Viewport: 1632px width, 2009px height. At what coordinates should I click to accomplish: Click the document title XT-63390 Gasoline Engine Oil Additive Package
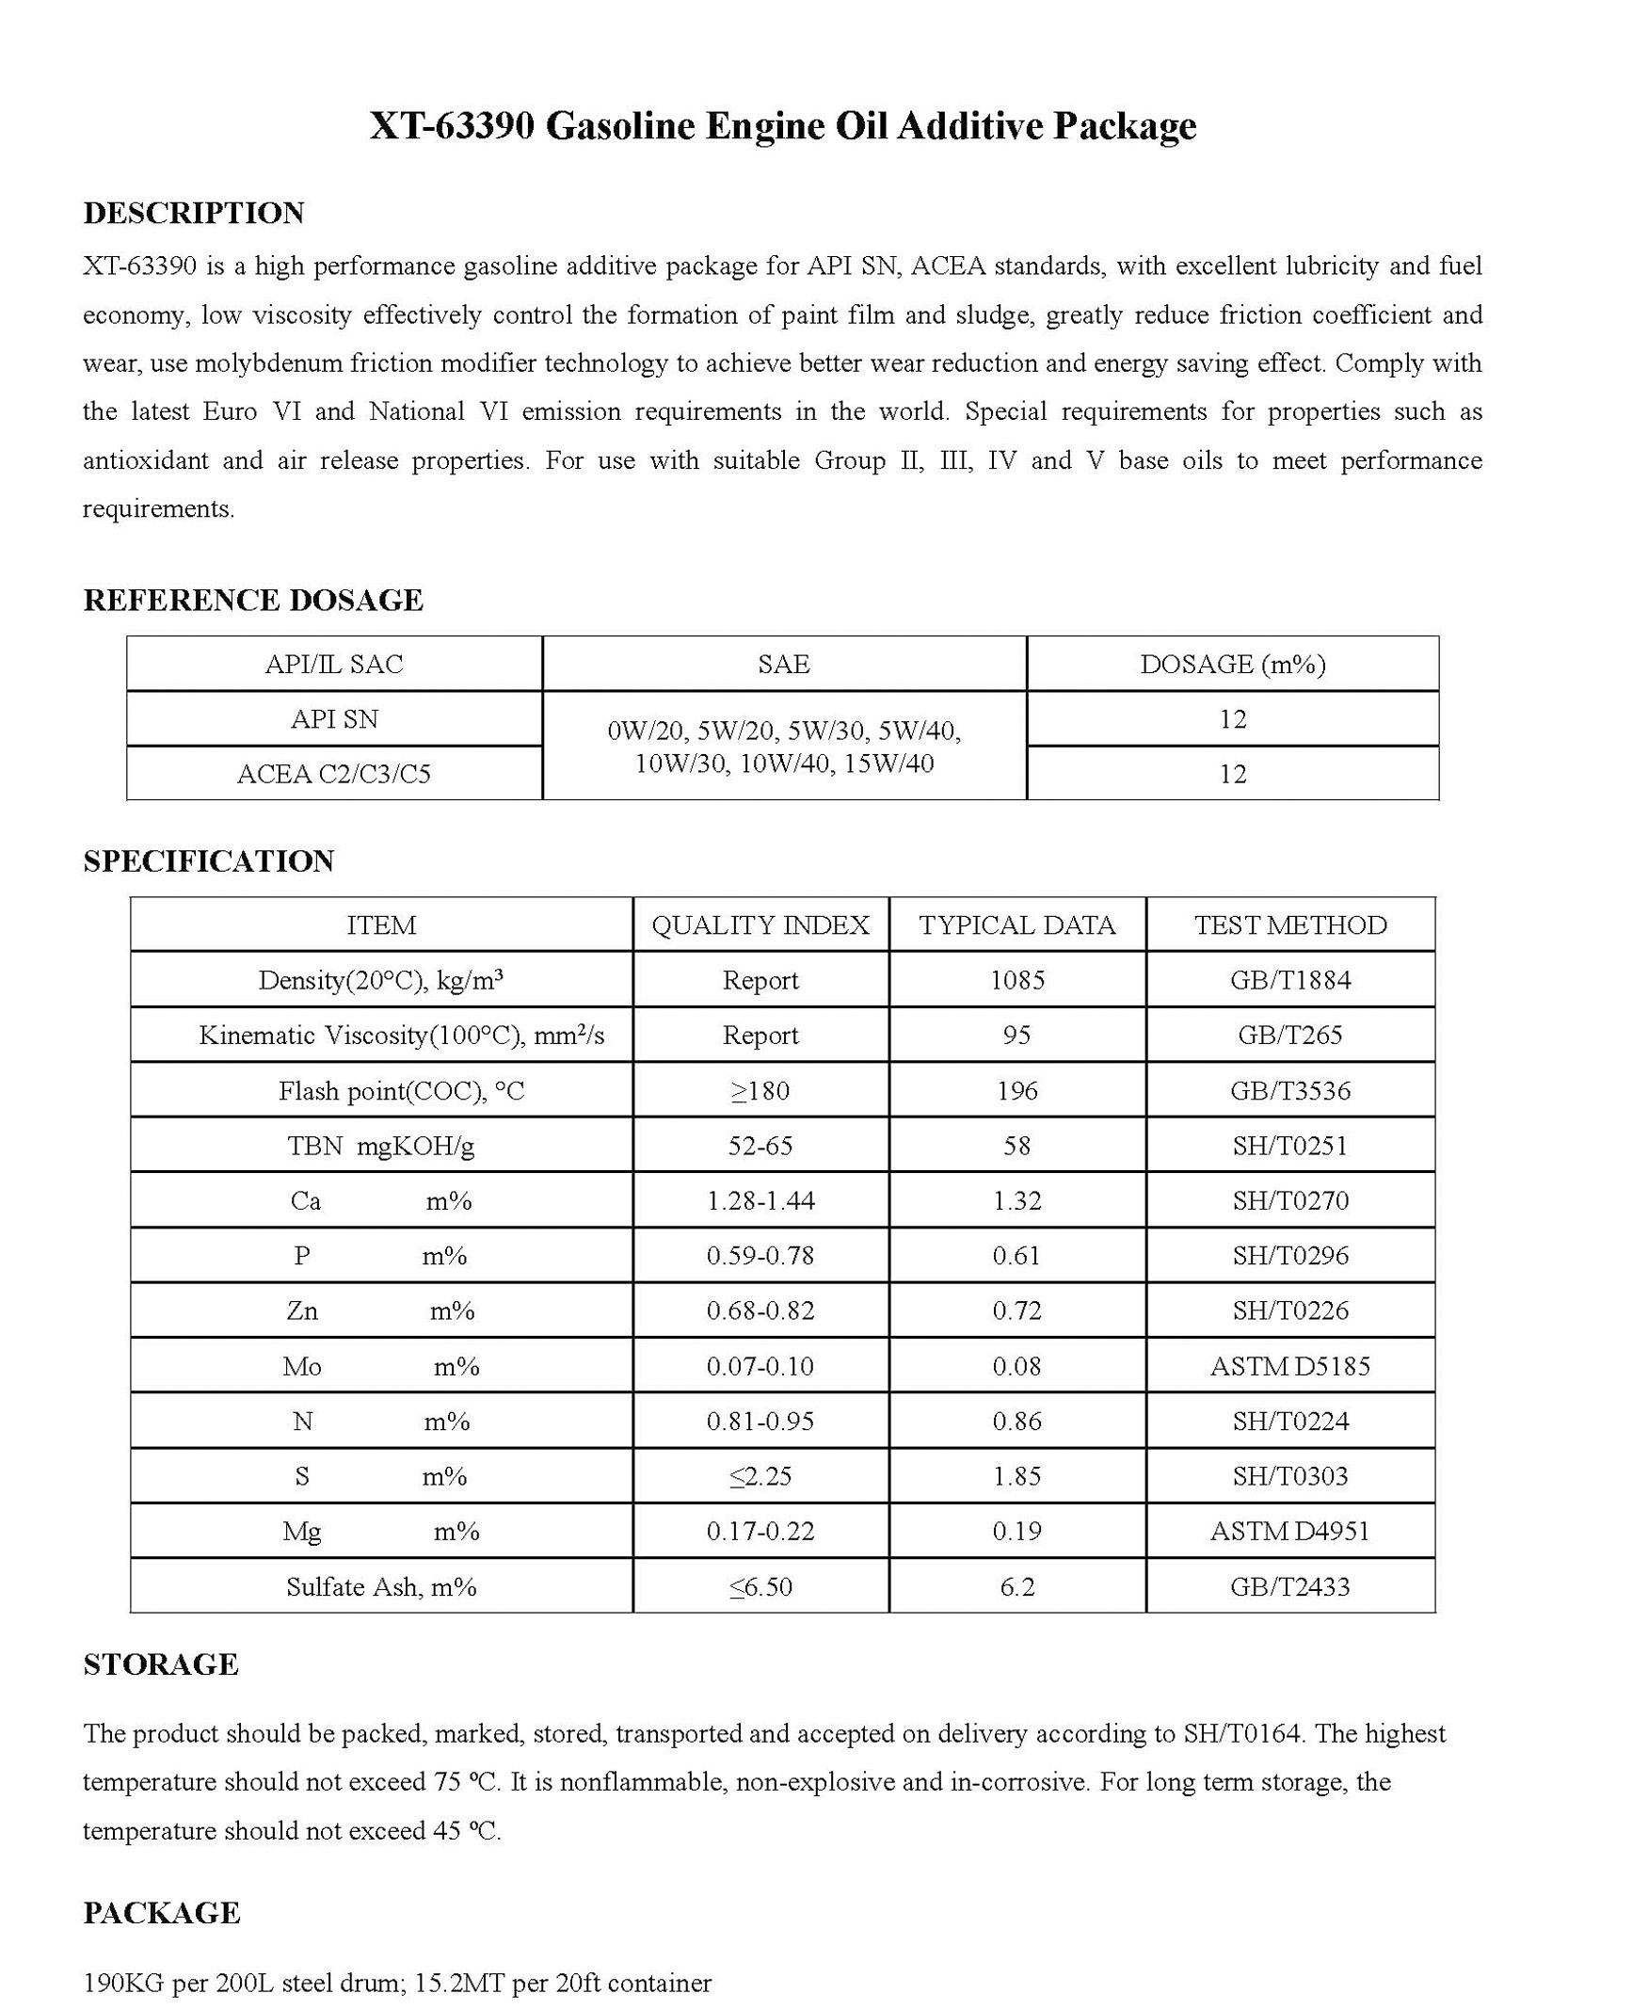coord(782,125)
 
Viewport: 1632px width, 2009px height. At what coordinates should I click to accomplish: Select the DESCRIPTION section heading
coord(194,213)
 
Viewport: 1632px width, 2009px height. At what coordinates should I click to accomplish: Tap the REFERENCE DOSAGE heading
coord(253,600)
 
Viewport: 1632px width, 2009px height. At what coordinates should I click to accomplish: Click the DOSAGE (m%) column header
coord(1232,665)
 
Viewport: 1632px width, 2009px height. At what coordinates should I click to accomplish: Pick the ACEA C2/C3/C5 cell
coord(334,774)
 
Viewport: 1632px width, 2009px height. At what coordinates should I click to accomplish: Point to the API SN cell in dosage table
coord(334,719)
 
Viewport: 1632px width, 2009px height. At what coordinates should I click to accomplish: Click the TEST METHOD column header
coord(1290,925)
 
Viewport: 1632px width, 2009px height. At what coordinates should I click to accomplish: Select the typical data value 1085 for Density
coord(1016,980)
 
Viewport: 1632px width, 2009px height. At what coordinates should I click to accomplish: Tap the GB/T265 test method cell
coord(1290,1036)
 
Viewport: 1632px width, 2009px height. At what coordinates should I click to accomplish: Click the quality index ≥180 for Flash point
coord(760,1091)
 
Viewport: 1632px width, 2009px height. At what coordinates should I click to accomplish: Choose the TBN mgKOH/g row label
coord(381,1146)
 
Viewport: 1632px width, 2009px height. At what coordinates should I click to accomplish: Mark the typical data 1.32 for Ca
coord(1016,1200)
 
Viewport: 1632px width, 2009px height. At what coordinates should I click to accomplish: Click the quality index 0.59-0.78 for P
coord(760,1256)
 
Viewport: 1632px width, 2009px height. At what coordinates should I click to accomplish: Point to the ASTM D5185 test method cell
coord(1290,1366)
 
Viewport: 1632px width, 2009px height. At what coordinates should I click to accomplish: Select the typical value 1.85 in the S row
coord(1016,1476)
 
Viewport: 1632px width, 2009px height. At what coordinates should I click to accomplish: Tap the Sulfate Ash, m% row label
coord(381,1587)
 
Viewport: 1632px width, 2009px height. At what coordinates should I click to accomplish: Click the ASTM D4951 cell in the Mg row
coord(1290,1532)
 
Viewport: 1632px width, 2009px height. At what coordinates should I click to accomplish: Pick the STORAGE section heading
coord(161,1664)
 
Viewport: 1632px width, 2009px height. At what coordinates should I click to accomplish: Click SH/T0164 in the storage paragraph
coord(1242,1734)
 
